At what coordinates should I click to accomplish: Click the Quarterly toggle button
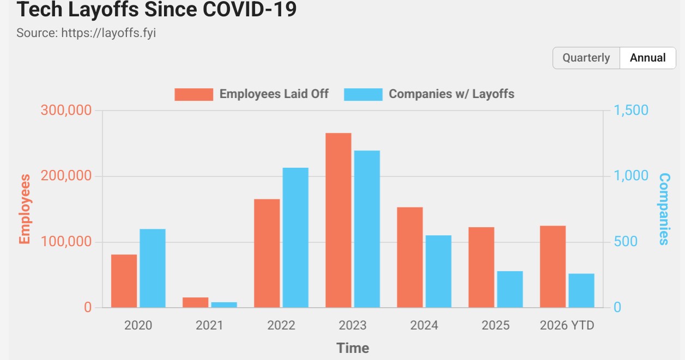586,58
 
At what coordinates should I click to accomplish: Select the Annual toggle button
648,58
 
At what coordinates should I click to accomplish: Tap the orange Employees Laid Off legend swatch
194,94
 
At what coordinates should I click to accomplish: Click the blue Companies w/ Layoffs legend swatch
363,94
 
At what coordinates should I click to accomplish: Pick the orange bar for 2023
338,220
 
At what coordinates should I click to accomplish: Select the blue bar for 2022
295,237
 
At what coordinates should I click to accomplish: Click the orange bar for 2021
196,302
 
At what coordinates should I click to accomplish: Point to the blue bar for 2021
224,304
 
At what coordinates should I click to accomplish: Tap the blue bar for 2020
153,268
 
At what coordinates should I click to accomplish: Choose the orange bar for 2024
410,257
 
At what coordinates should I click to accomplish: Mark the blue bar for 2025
510,289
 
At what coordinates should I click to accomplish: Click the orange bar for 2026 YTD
553,266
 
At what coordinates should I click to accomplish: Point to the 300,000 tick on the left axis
66,111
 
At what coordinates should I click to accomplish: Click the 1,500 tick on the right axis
631,111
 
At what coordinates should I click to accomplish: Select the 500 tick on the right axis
626,241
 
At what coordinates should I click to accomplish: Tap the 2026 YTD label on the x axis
567,326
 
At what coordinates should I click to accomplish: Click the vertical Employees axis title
25,209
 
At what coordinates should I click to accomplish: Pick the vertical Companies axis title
664,209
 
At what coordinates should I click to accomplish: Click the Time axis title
353,348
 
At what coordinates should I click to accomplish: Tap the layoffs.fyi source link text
108,33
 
